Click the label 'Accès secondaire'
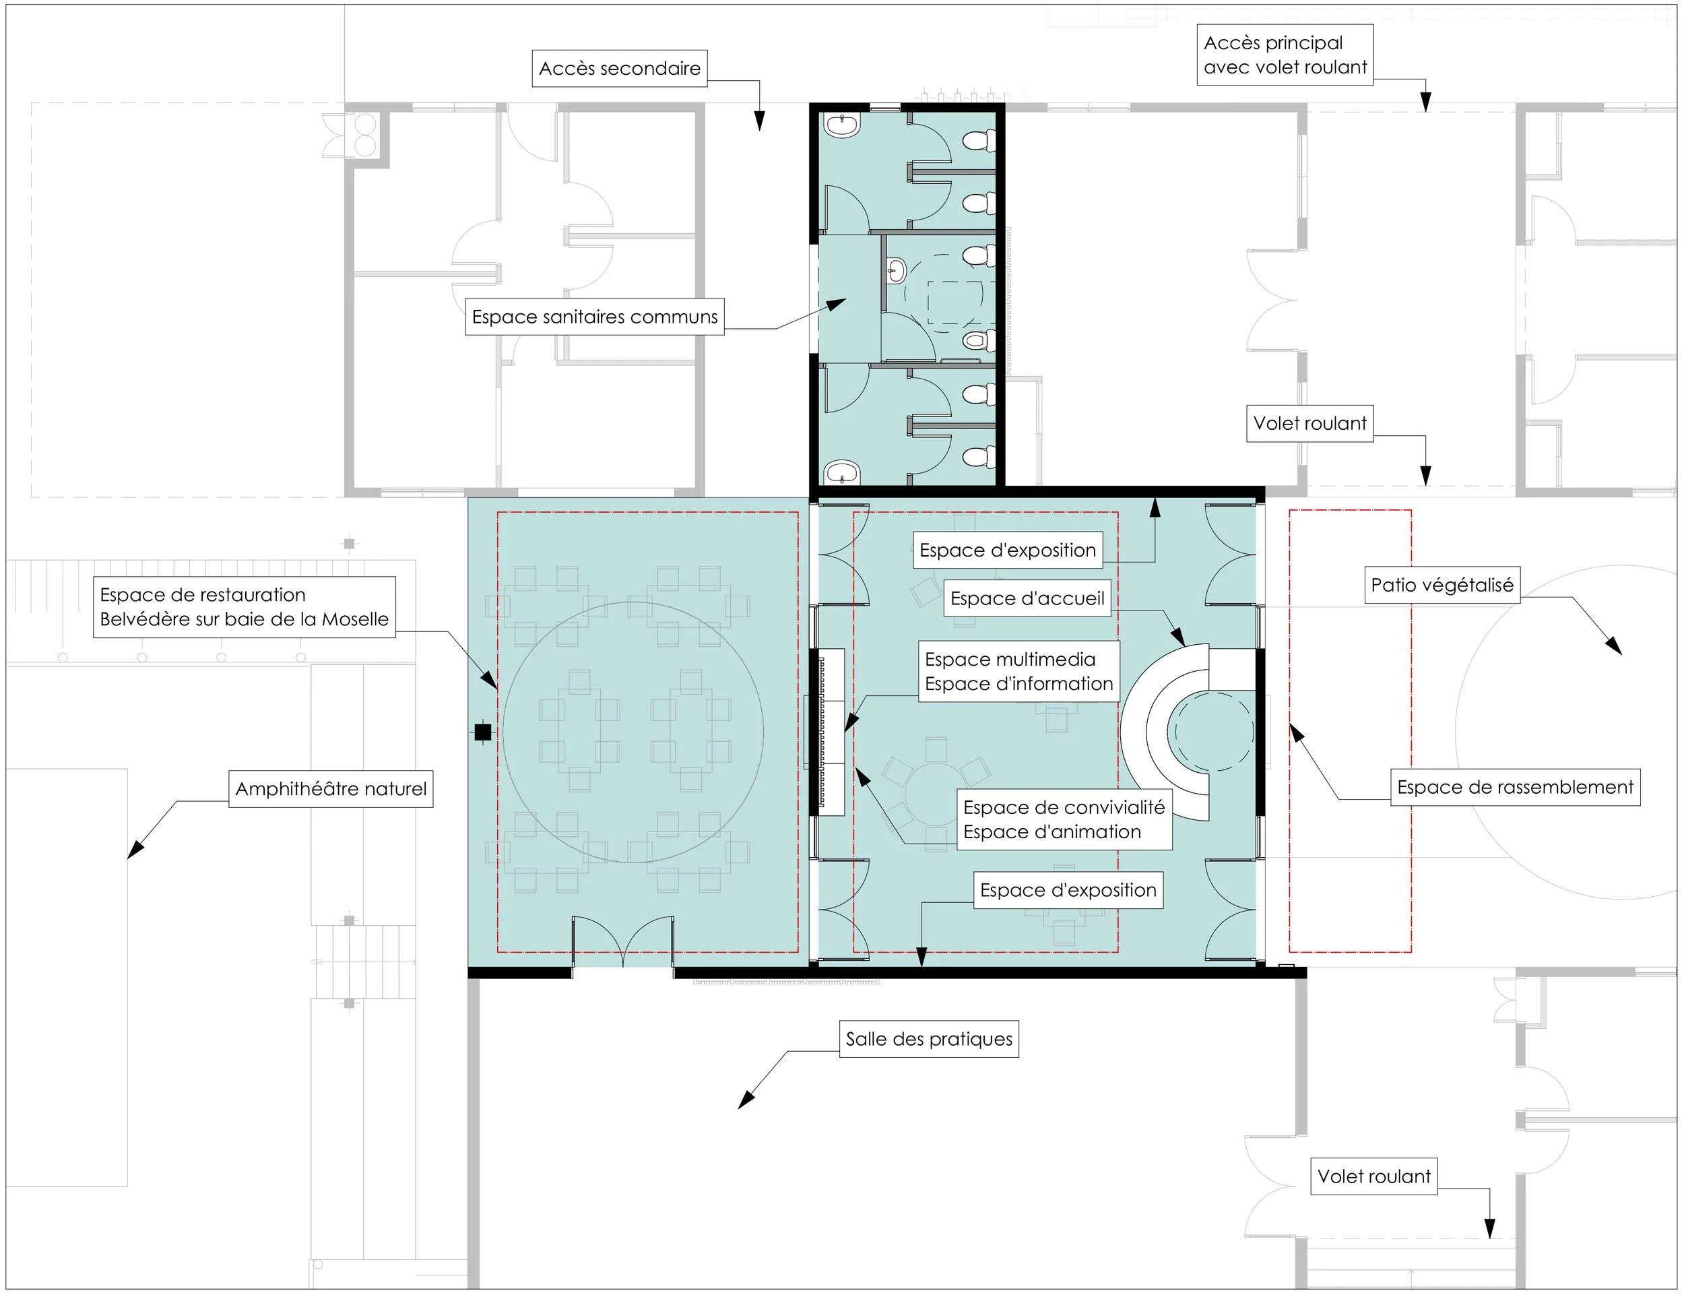click(x=619, y=69)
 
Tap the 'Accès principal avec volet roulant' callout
click(x=1285, y=55)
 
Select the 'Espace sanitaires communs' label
click(x=595, y=316)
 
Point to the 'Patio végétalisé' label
click(x=1442, y=585)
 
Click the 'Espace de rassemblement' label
click(x=1515, y=788)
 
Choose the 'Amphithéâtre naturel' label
click(x=331, y=789)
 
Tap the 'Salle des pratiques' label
click(x=928, y=1039)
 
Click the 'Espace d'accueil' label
click(x=1027, y=598)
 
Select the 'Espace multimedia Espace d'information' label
click(x=1018, y=671)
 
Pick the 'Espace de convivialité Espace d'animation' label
click(x=1064, y=820)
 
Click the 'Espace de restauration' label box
click(x=245, y=607)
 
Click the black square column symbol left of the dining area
click(x=482, y=732)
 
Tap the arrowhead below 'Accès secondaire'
click(x=759, y=121)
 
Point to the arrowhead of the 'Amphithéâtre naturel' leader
click(x=135, y=849)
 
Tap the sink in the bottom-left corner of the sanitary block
click(x=843, y=472)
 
